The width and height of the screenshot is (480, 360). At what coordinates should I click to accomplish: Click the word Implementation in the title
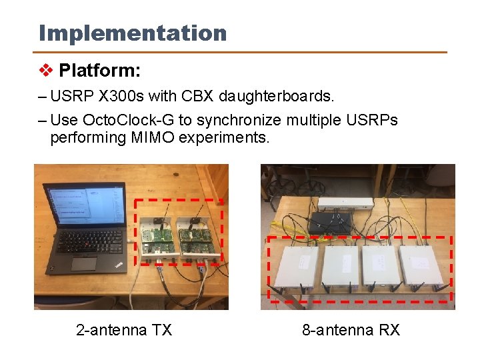(133, 33)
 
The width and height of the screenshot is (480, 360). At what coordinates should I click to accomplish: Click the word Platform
(99, 70)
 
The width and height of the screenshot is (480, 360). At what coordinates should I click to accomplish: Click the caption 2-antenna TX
(124, 330)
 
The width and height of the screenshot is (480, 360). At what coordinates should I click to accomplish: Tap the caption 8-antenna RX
(351, 330)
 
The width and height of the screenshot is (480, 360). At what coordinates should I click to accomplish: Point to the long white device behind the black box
(345, 203)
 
